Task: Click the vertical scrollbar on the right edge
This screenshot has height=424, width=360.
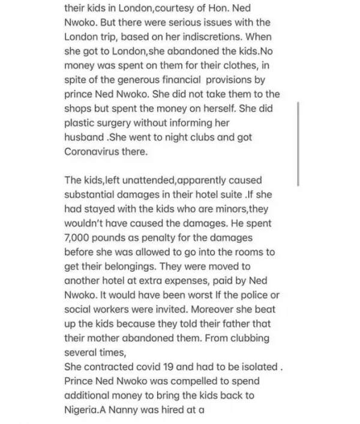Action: tap(298, 144)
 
